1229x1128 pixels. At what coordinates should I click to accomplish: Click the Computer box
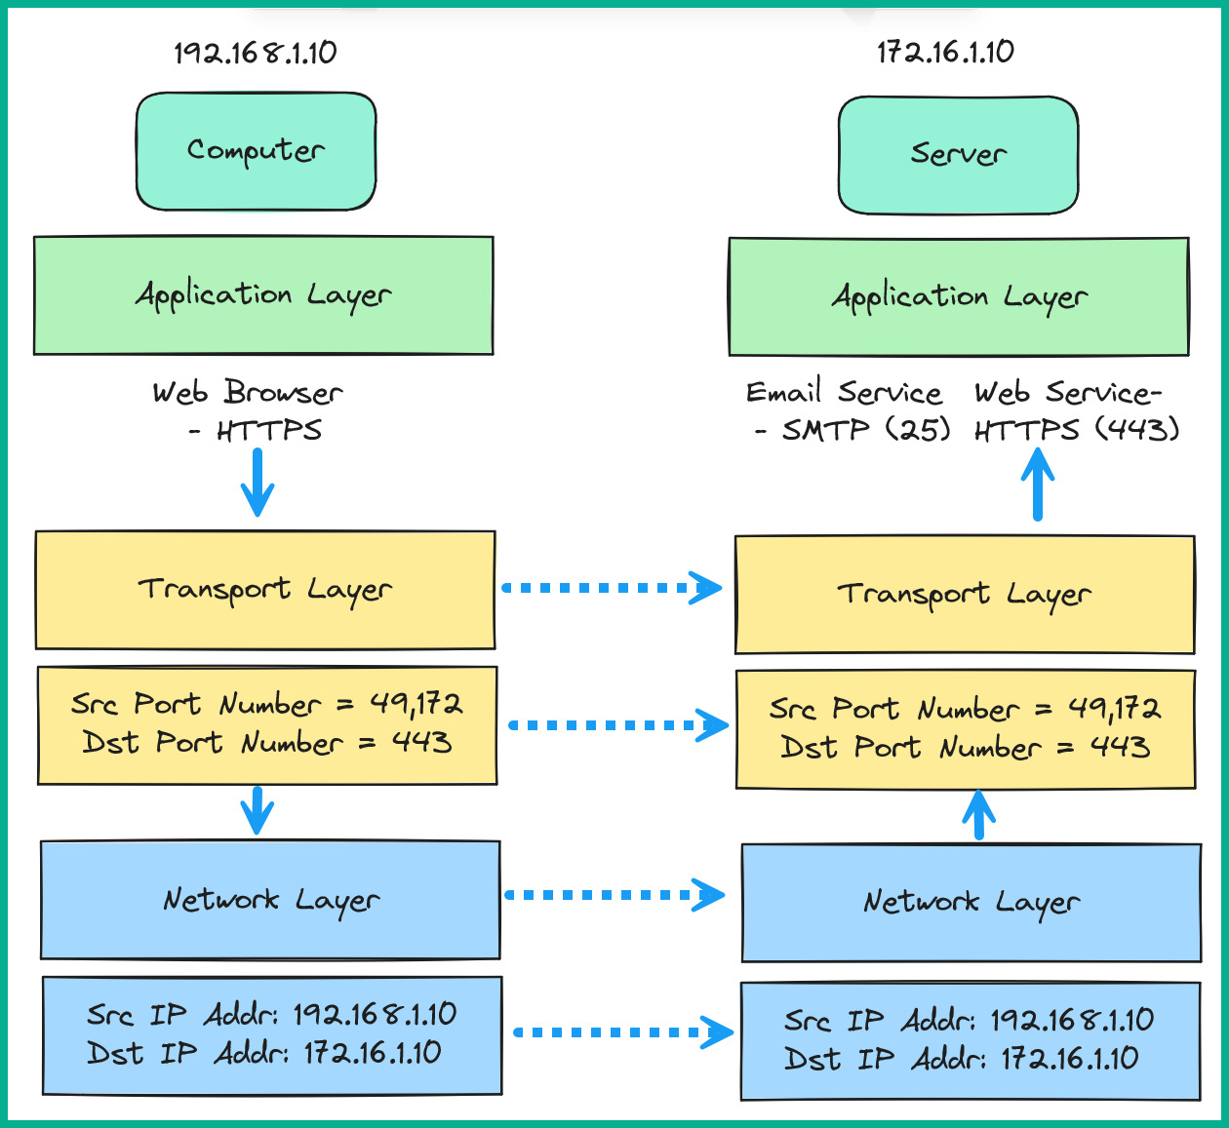pos(256,151)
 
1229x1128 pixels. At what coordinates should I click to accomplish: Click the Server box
pos(958,155)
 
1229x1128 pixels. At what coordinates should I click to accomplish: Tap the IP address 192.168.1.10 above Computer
pos(256,53)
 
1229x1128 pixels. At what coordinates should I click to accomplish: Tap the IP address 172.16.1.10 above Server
pos(945,52)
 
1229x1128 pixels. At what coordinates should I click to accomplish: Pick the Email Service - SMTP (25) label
pos(847,410)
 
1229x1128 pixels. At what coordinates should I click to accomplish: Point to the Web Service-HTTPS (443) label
pos(1075,410)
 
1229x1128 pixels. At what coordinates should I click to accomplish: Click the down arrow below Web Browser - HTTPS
pos(258,483)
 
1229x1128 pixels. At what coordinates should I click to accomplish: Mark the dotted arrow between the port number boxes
pos(618,725)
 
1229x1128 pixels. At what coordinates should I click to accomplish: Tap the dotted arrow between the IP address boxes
pos(622,1032)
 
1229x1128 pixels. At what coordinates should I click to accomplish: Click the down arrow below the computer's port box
pos(258,810)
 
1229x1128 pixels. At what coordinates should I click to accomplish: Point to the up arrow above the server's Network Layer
pos(978,814)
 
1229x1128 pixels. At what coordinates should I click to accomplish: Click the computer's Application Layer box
pos(263,295)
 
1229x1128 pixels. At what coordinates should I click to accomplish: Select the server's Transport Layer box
pos(964,595)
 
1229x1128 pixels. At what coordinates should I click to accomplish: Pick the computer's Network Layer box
pos(270,900)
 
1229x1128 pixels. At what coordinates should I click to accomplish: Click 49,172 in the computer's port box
pos(416,704)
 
